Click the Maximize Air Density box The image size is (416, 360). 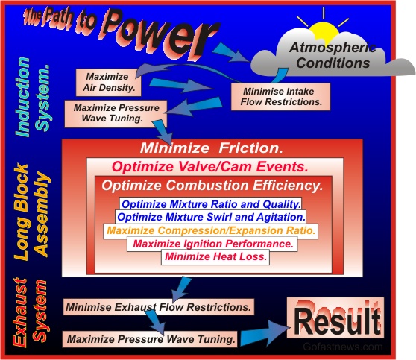(x=108, y=83)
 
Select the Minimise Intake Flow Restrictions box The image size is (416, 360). (x=281, y=97)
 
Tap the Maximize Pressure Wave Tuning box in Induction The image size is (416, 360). (x=116, y=113)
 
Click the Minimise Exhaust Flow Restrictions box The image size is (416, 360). (x=159, y=307)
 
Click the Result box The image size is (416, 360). (x=335, y=318)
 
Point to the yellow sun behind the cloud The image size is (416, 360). (x=324, y=31)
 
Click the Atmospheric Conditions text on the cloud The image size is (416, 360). (x=333, y=55)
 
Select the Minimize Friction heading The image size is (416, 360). (x=212, y=148)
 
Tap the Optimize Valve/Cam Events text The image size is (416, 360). (x=209, y=167)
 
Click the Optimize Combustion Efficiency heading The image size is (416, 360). (x=212, y=186)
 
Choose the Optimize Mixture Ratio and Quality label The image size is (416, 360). (x=211, y=204)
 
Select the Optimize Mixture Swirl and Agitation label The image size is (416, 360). (x=211, y=217)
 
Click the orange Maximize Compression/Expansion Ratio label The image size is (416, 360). (x=211, y=230)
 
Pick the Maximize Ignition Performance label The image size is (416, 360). (x=212, y=244)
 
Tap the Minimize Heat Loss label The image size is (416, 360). (x=215, y=257)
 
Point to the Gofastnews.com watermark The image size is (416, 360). (x=343, y=347)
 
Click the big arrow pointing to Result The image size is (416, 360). (x=265, y=333)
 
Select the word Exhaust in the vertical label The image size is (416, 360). (x=20, y=312)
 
